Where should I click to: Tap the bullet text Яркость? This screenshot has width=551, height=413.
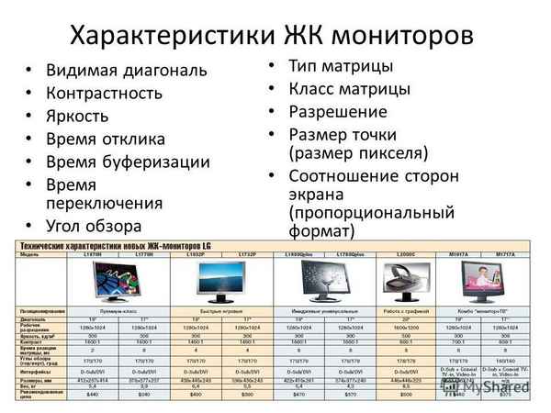pyautogui.click(x=77, y=116)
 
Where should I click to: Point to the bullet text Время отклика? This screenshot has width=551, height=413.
pyautogui.click(x=106, y=139)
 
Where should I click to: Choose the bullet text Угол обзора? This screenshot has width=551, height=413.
pyautogui.click(x=94, y=225)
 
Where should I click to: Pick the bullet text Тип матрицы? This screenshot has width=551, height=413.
pyautogui.click(x=341, y=66)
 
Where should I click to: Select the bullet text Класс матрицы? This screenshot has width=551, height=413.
pyautogui.click(x=349, y=89)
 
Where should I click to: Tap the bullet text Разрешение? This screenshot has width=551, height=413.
pyautogui.click(x=337, y=112)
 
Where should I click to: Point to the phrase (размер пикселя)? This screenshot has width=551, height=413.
pyautogui.click(x=358, y=152)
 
